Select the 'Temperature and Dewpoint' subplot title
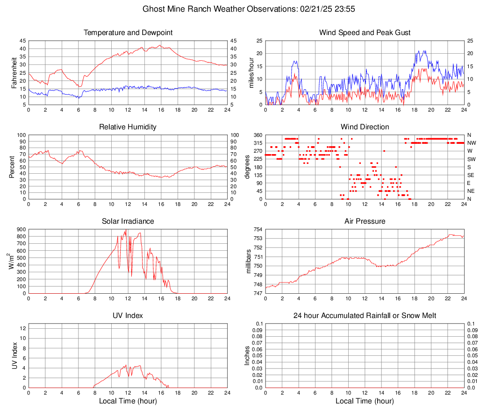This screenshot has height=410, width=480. click(x=128, y=33)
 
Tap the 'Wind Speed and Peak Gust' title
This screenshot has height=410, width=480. click(x=365, y=33)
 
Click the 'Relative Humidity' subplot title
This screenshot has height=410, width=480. click(x=128, y=127)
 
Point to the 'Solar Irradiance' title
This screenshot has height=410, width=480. click(x=128, y=221)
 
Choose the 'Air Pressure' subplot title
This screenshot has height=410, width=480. click(x=365, y=221)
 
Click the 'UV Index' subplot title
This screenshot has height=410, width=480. click(x=128, y=316)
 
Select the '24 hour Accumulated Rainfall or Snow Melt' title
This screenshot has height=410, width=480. click(x=365, y=316)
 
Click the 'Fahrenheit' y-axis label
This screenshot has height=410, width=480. click(x=14, y=72)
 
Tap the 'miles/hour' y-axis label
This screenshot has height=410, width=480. click(x=251, y=72)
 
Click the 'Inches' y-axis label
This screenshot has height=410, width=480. click(x=247, y=355)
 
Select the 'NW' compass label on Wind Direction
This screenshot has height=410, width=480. click(x=472, y=143)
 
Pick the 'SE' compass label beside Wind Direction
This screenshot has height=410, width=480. click(x=471, y=175)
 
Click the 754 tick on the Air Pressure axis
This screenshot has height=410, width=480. click(x=258, y=229)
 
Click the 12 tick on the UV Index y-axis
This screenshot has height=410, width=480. click(x=22, y=328)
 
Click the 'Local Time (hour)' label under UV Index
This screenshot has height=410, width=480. click(x=128, y=401)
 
